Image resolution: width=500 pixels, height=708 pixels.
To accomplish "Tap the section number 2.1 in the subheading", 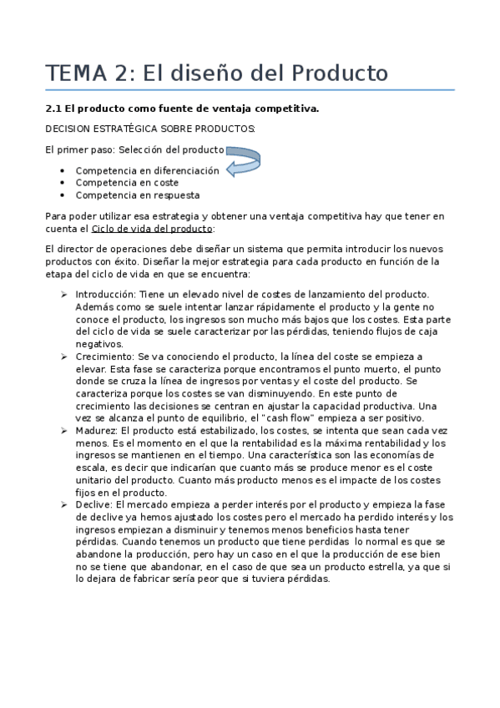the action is pos(53,109).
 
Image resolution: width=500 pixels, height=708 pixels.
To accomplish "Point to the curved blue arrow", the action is pos(243,160).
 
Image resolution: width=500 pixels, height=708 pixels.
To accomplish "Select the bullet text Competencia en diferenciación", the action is pos(147,170).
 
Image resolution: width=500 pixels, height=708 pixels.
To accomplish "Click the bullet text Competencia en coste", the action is pos(127,183).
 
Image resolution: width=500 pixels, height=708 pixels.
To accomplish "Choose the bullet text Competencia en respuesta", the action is pos(137,195).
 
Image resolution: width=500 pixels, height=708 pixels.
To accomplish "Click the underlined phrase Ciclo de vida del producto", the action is pos(151,228).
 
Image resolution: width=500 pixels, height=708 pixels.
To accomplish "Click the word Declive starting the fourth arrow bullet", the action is pos(92,504).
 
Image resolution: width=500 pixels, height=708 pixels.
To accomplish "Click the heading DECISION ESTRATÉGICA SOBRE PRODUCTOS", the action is pos(150,129).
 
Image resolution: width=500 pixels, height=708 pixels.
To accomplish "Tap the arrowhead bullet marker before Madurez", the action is pos(65,430).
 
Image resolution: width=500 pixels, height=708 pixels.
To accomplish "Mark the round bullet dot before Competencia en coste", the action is pos(63,183).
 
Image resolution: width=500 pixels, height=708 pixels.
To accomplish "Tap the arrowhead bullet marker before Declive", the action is pos(65,504).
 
